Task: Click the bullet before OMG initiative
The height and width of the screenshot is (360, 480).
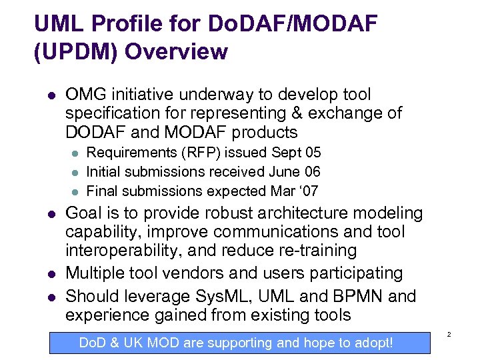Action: click(x=51, y=95)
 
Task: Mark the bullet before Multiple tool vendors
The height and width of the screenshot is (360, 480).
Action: click(x=51, y=274)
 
